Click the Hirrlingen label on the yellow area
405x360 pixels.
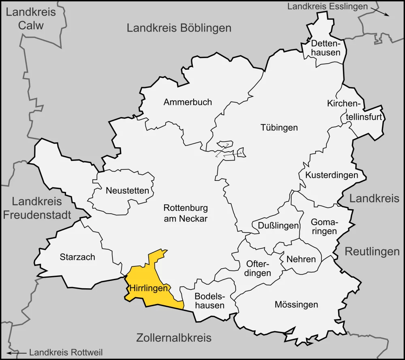point(149,289)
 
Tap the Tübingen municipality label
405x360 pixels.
point(279,127)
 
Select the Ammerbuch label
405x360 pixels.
point(188,102)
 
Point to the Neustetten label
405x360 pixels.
point(127,190)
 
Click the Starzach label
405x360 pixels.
point(77,257)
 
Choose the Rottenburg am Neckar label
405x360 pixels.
point(185,213)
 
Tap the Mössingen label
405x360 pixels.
point(296,304)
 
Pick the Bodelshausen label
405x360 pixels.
point(209,300)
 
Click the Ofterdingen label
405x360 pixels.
point(258,268)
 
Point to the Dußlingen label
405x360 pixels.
point(275,226)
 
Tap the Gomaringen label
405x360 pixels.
point(324,227)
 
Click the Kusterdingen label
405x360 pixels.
point(332,175)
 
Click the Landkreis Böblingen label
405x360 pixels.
point(179,28)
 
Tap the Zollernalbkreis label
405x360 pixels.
point(174,338)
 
